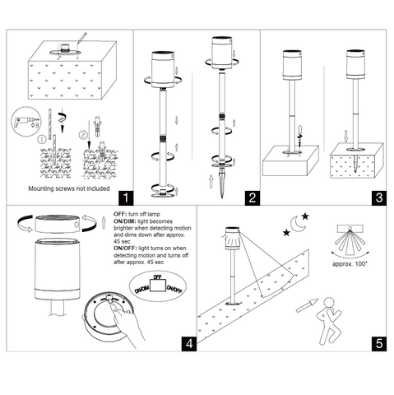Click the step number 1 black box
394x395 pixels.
126,197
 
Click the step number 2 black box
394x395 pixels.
253,197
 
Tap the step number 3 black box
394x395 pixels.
379,197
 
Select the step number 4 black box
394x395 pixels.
189,344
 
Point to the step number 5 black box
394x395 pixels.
379,344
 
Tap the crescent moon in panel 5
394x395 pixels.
298,224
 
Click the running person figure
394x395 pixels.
329,321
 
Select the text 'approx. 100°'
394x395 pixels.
350,264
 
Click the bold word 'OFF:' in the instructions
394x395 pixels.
120,214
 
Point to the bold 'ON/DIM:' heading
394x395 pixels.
125,221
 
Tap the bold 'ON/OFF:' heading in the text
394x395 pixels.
125,249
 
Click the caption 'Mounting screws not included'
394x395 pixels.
69,188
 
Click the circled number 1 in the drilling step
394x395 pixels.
42,139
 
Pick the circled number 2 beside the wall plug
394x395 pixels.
83,135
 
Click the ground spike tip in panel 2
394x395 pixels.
222,197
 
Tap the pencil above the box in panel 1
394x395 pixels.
82,38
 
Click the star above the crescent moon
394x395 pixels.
305,216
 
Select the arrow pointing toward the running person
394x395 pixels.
307,305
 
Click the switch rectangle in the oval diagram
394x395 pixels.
158,286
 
